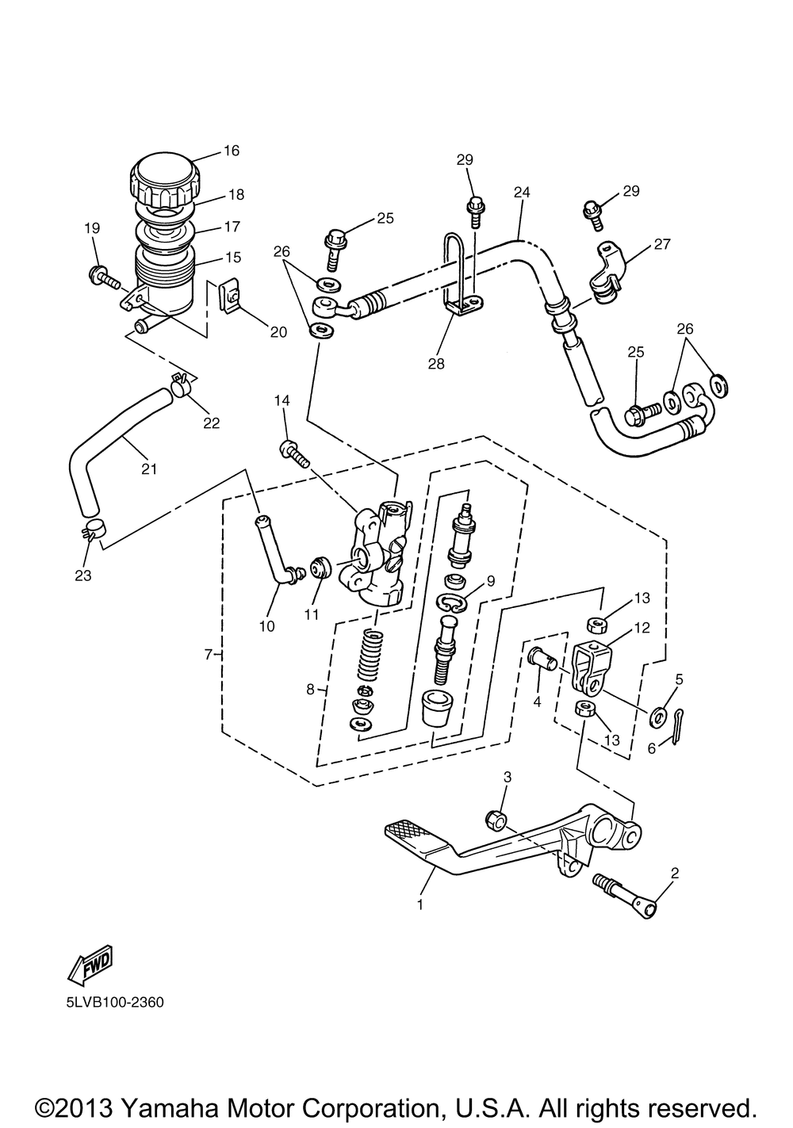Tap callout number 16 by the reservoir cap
[232, 151]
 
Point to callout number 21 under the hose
[149, 469]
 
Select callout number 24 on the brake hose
[523, 192]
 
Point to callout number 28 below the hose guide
[436, 364]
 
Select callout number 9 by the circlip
[491, 580]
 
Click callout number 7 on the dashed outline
[209, 655]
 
